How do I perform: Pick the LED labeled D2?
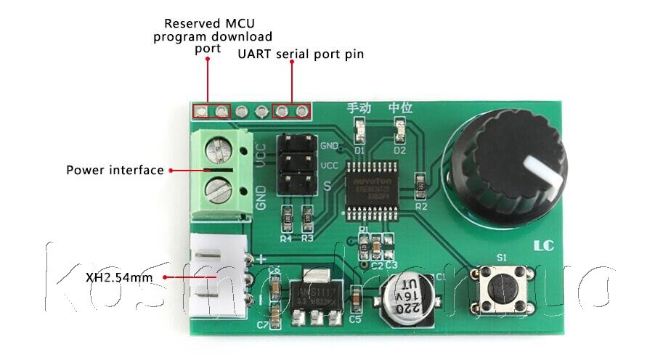[x=399, y=132]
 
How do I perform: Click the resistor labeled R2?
[x=420, y=186]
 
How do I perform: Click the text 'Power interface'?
[x=115, y=171]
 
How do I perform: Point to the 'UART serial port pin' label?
[x=301, y=54]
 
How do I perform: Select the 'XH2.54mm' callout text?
[x=119, y=277]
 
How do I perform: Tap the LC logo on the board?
[x=544, y=246]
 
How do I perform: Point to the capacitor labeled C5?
[x=356, y=299]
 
